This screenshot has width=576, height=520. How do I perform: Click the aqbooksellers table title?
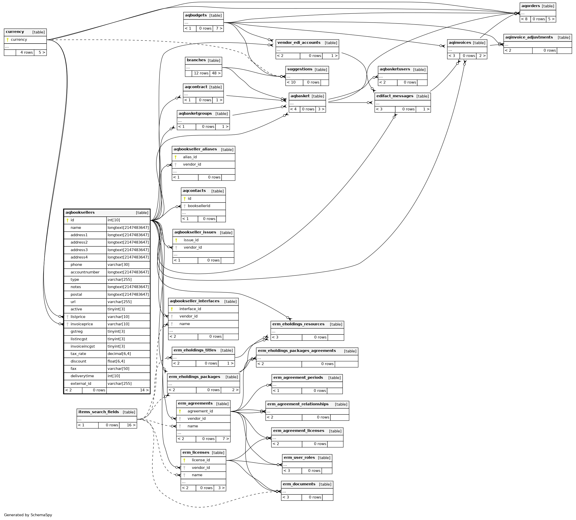click(x=80, y=213)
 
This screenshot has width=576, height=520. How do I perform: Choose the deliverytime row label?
click(x=82, y=376)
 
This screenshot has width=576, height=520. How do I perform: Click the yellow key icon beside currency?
click(x=8, y=40)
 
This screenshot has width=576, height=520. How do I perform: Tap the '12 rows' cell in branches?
click(x=201, y=73)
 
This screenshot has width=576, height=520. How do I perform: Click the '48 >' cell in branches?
click(x=216, y=73)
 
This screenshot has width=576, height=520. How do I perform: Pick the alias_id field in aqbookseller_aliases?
click(x=190, y=157)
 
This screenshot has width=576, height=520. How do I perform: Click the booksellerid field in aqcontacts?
click(x=199, y=206)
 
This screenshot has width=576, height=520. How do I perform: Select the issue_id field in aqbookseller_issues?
click(x=191, y=240)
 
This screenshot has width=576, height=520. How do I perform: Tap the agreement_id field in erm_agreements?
click(x=200, y=411)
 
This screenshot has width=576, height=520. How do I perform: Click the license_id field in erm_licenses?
click(x=201, y=460)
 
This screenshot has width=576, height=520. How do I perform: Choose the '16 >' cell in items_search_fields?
click(x=131, y=425)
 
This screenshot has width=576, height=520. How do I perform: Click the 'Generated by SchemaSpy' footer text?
click(x=28, y=515)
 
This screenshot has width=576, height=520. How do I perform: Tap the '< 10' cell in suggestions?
click(x=291, y=83)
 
